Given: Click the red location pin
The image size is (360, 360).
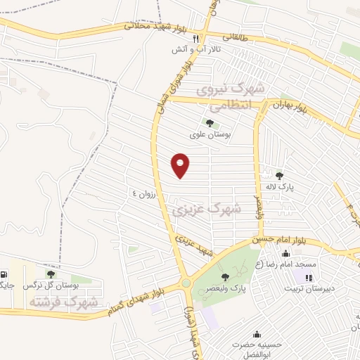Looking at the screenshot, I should [181, 165].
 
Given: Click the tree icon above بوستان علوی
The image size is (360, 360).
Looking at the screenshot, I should [210, 124].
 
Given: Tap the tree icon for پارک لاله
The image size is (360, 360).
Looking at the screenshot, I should [279, 176].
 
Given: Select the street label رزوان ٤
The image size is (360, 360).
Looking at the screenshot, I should [147, 191].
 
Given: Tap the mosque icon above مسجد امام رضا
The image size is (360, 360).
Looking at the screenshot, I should [285, 254].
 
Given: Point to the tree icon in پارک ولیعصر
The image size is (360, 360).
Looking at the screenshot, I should [225, 277].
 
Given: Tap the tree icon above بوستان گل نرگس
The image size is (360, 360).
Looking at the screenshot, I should [50, 274].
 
